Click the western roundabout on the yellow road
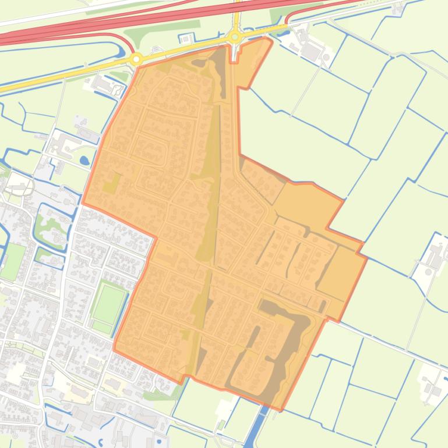137,59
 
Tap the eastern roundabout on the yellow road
235,37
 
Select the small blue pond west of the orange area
85,160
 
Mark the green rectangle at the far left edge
13,261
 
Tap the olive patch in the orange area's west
111,185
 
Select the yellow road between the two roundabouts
186,48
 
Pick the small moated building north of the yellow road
186,38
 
